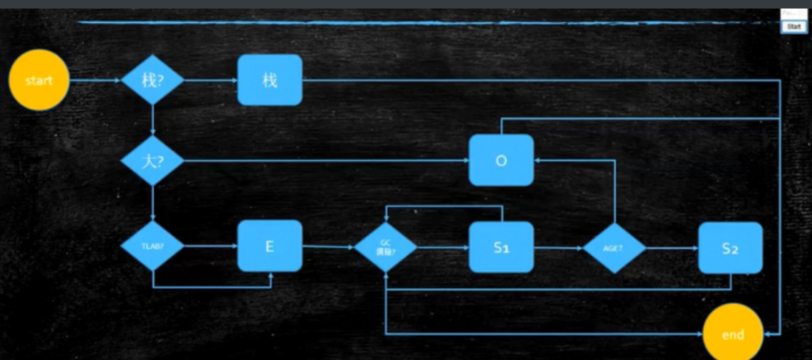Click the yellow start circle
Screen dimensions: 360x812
tap(39, 80)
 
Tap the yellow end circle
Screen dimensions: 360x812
tap(732, 334)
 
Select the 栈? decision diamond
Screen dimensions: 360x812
tap(152, 80)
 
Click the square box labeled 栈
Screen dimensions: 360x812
tap(270, 80)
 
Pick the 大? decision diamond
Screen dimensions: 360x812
tap(152, 160)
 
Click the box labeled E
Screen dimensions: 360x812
tap(270, 246)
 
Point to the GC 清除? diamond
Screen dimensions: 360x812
tap(385, 247)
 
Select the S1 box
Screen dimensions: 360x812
tap(501, 247)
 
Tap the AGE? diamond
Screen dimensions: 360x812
tap(614, 248)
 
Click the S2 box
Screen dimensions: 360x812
tap(730, 248)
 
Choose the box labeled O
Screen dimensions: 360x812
tap(501, 160)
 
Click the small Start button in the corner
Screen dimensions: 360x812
tap(793, 26)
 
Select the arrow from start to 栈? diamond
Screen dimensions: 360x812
tap(96, 80)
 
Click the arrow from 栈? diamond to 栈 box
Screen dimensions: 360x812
tap(211, 80)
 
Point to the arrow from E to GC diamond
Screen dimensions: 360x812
tap(327, 247)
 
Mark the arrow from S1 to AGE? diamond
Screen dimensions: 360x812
tap(558, 248)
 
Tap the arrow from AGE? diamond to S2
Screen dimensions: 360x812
tap(672, 248)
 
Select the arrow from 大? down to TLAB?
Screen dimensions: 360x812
tap(152, 203)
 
